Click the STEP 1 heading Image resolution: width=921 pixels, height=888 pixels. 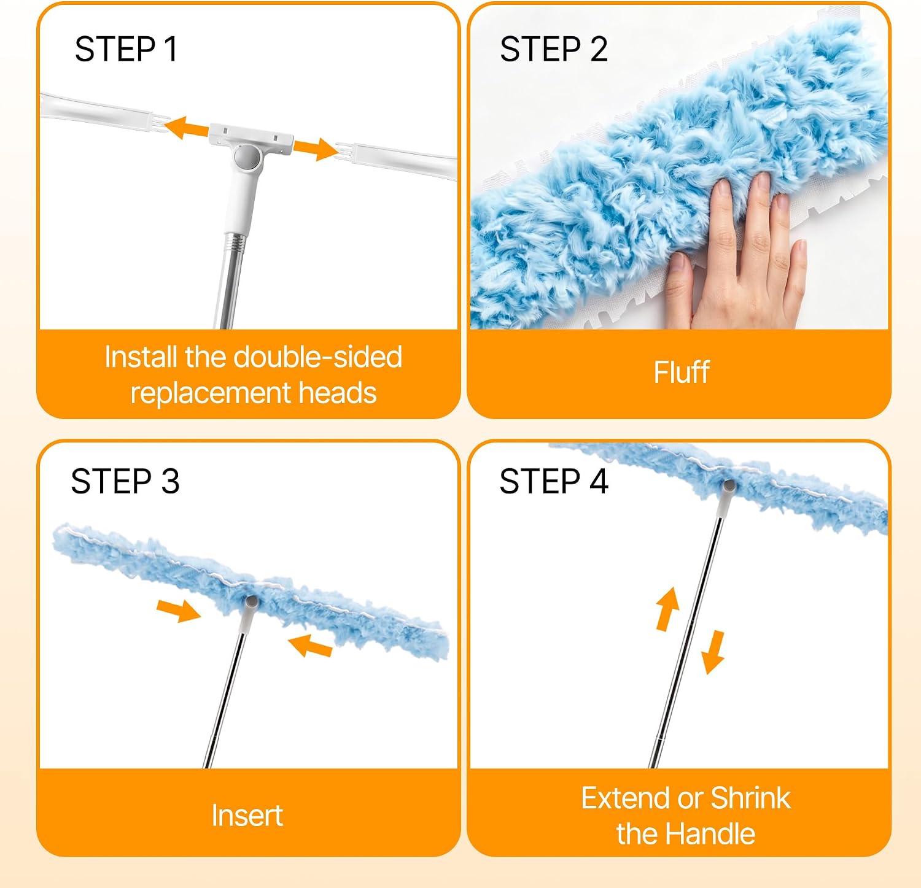click(x=126, y=49)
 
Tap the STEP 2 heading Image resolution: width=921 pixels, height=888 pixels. click(x=554, y=49)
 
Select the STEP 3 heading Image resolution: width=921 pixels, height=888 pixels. click(x=125, y=481)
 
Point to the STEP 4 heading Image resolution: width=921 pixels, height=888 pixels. click(x=554, y=481)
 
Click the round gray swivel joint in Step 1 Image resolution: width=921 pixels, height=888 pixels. click(x=249, y=157)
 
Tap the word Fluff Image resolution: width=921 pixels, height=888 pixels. click(x=682, y=373)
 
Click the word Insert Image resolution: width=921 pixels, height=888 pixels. click(x=247, y=816)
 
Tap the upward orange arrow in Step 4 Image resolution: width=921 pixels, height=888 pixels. click(x=667, y=609)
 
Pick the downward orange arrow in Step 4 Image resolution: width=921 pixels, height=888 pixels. click(x=714, y=652)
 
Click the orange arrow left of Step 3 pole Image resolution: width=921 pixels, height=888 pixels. click(x=179, y=611)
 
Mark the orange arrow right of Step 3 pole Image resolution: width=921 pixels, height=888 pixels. click(x=310, y=646)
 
